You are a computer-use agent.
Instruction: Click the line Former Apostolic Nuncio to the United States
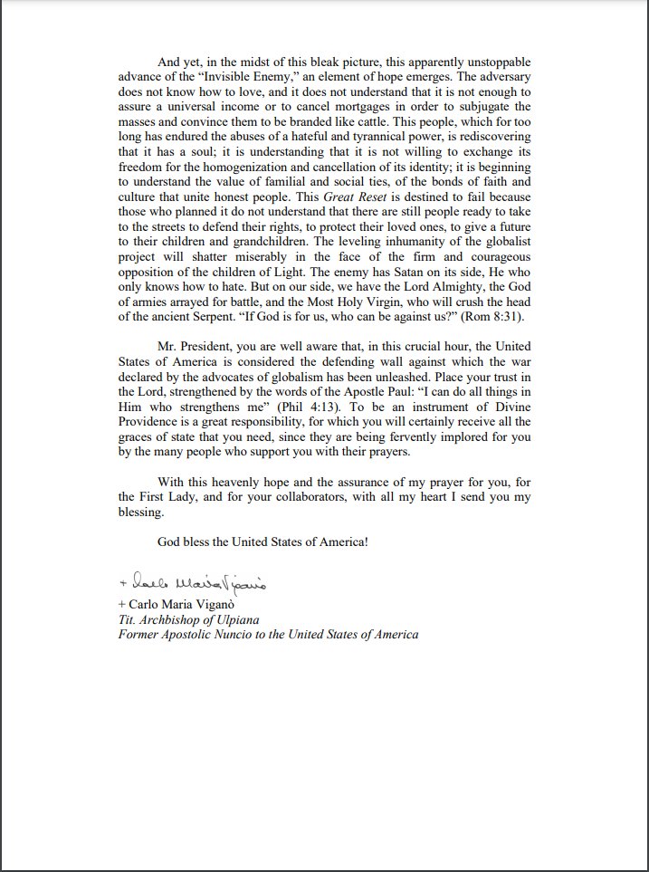[x=268, y=635]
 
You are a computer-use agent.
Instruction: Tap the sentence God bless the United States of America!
[x=262, y=541]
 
